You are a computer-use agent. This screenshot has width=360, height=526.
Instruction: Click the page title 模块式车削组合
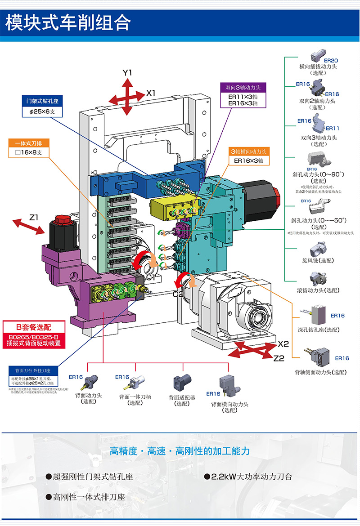pyautogui.click(x=67, y=22)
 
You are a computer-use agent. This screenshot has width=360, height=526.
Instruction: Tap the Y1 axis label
pyautogui.click(x=127, y=73)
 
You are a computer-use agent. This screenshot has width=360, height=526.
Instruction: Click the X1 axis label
pyautogui.click(x=151, y=93)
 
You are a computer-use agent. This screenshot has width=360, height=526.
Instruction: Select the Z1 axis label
pyautogui.click(x=34, y=218)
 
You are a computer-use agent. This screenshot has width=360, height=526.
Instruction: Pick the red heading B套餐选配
pyautogui.click(x=33, y=326)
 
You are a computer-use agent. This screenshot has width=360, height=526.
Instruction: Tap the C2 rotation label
pyautogui.click(x=179, y=294)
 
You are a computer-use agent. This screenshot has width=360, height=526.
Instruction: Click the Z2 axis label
pyautogui.click(x=279, y=358)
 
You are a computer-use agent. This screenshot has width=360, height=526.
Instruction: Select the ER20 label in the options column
pyautogui.click(x=331, y=60)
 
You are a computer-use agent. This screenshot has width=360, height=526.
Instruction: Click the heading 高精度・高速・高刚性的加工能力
pyautogui.click(x=180, y=451)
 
